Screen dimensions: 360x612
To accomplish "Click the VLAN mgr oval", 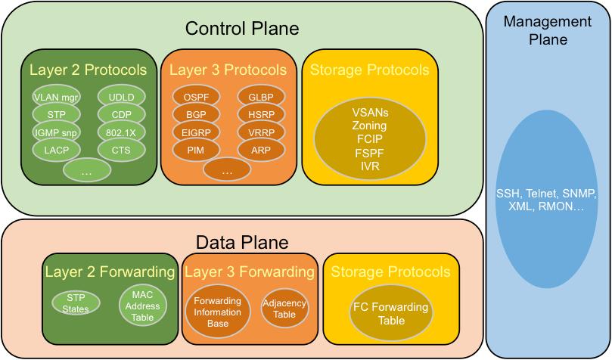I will tap(56, 97).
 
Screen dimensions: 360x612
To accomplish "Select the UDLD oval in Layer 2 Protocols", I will tap(121, 97).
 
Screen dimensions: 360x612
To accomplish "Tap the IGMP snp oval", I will tap(56, 132).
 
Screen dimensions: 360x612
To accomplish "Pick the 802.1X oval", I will tap(121, 132).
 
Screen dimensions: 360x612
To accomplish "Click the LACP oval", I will tap(56, 151).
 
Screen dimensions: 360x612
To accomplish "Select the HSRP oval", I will tap(261, 115).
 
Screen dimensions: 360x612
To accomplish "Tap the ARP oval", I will tap(261, 151).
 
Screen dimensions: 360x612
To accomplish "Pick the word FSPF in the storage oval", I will tap(370, 152).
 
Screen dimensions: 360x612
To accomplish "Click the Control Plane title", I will tap(242, 29).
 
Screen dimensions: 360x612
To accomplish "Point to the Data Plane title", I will tap(242, 243).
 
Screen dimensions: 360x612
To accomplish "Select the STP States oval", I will tap(76, 303).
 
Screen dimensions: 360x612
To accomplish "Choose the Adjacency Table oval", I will tap(284, 308).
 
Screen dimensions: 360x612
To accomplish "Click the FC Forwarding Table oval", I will tap(390, 314).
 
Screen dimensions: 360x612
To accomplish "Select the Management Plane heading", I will tap(548, 31).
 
